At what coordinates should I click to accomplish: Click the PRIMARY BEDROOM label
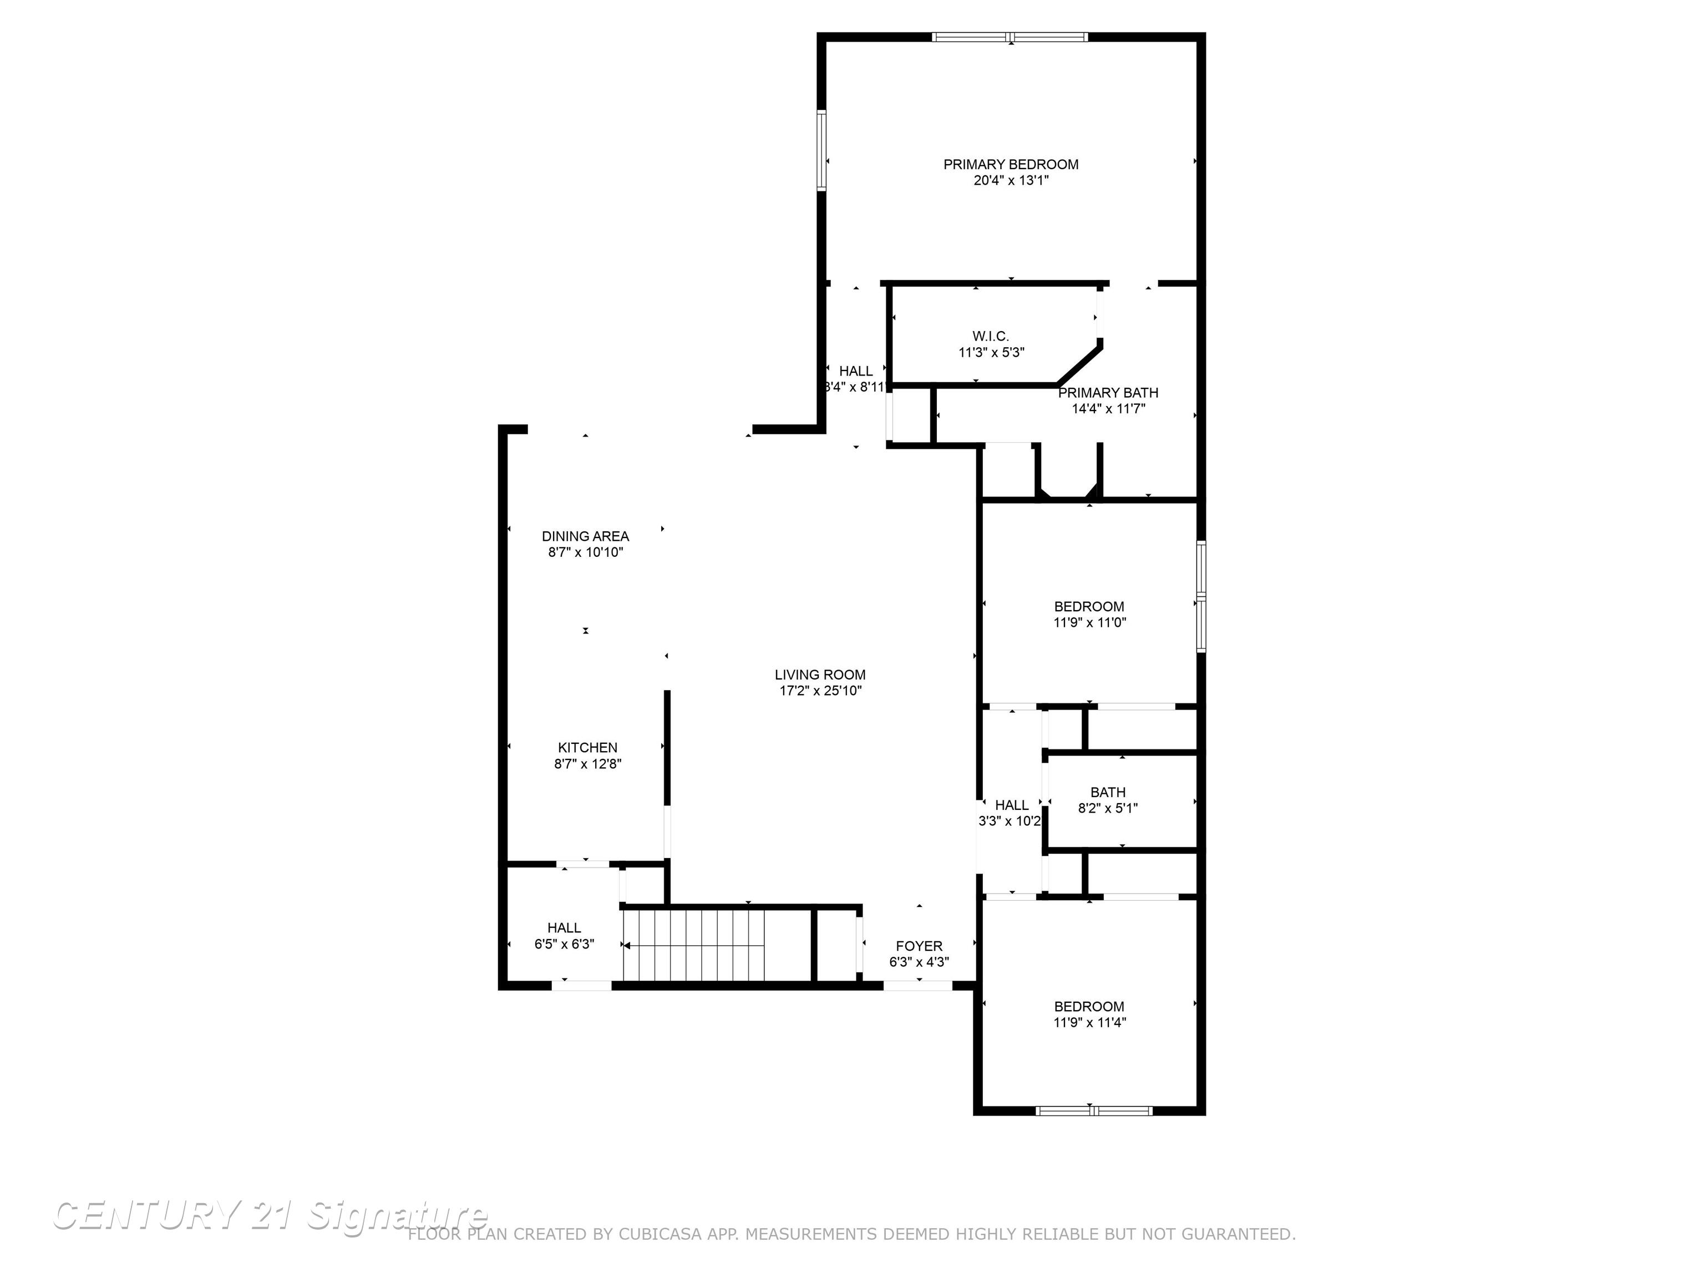[1010, 164]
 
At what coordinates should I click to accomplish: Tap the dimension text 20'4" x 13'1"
[1010, 181]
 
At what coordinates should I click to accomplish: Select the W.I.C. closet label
[990, 337]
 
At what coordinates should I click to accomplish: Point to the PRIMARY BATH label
[1108, 393]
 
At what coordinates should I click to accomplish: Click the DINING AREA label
[585, 536]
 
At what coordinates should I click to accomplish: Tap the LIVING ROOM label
[820, 675]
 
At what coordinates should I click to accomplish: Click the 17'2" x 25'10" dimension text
[820, 692]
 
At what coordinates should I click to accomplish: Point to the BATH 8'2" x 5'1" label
[1107, 800]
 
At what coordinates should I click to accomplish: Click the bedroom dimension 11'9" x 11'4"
[1089, 1023]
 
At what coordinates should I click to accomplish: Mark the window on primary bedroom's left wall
[822, 150]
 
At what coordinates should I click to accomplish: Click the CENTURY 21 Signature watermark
[270, 1216]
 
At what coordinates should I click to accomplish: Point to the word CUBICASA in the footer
[660, 1234]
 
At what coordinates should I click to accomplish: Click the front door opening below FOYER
[917, 985]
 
